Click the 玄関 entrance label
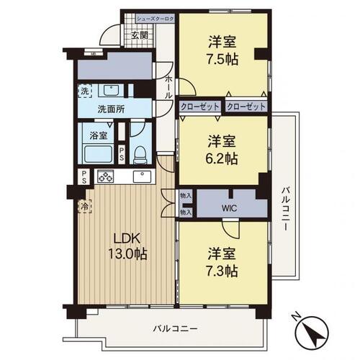click(x=140, y=34)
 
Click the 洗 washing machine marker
click(x=85, y=91)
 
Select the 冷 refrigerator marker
click(x=84, y=205)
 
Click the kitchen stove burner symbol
click(x=106, y=177)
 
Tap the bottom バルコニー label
click(x=174, y=328)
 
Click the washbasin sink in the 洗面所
click(x=112, y=91)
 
